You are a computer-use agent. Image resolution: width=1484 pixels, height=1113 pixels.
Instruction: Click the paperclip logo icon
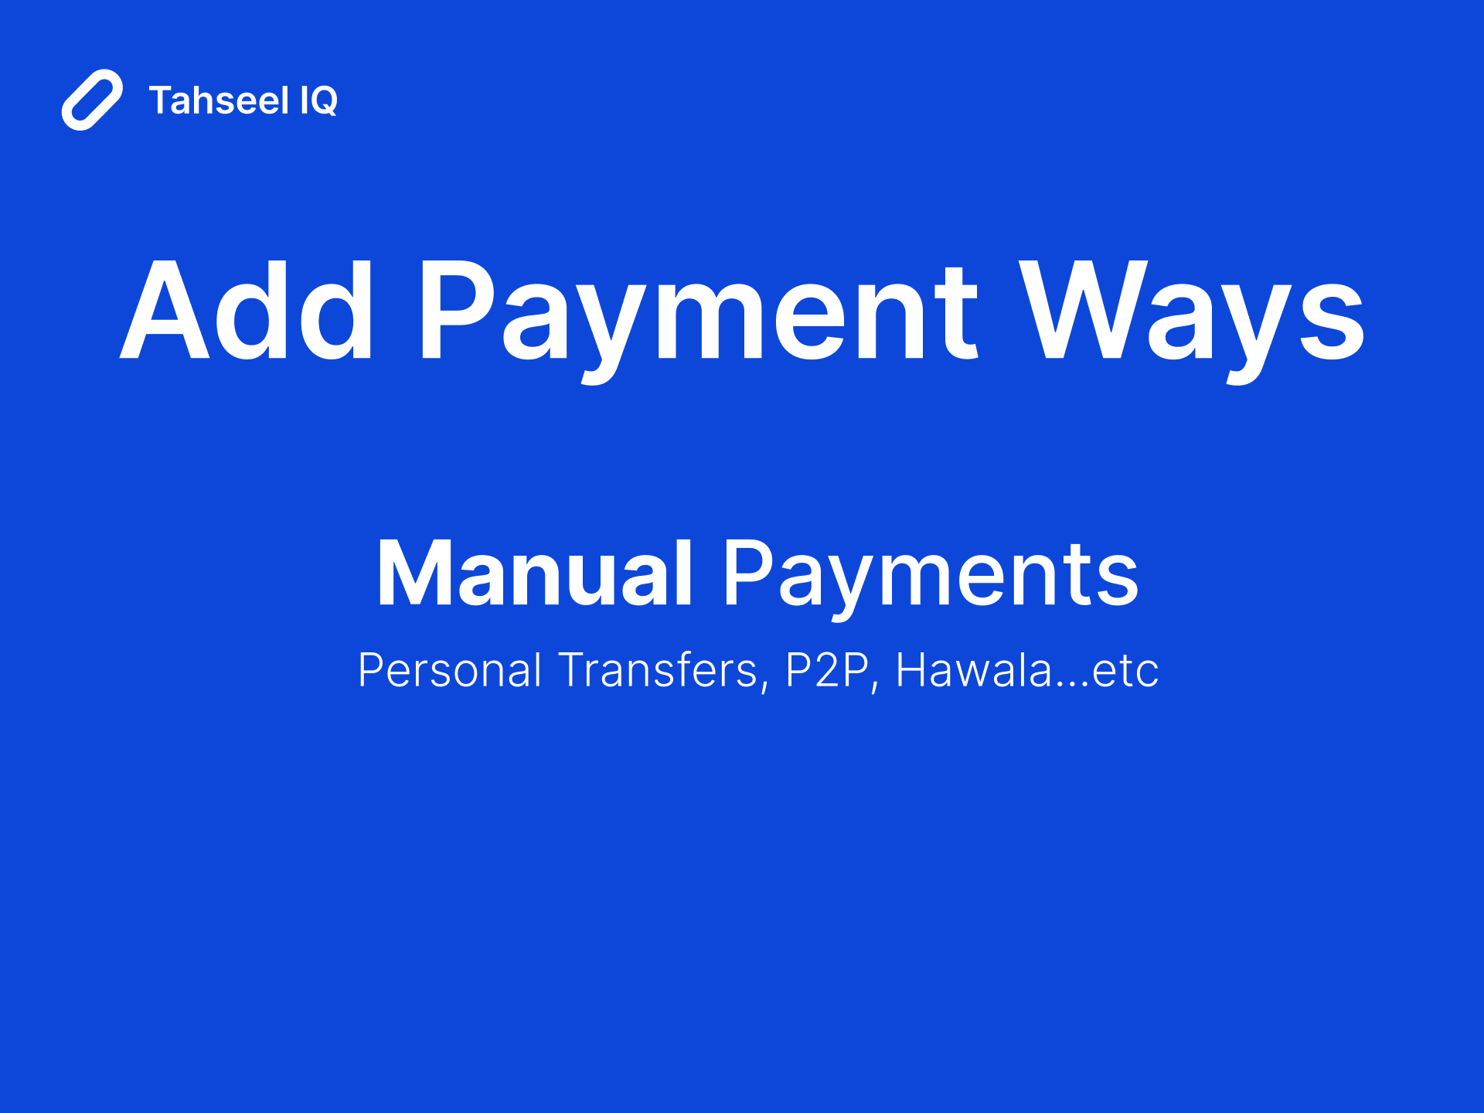point(92,100)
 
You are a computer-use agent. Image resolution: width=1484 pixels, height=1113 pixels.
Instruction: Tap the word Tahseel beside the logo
point(219,100)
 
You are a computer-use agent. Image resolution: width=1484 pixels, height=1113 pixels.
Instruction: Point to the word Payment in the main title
point(698,311)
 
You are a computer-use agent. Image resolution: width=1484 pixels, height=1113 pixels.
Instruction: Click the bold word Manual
point(534,574)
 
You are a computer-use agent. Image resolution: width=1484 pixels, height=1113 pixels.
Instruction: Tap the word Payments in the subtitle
point(931,574)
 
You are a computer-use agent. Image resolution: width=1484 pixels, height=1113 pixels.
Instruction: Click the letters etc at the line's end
point(1125,671)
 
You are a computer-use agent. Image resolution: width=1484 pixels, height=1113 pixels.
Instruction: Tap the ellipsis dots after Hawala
point(1072,685)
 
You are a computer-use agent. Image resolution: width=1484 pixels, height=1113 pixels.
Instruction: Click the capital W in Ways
point(1080,311)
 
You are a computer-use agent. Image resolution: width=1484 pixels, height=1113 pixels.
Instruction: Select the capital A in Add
point(165,311)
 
